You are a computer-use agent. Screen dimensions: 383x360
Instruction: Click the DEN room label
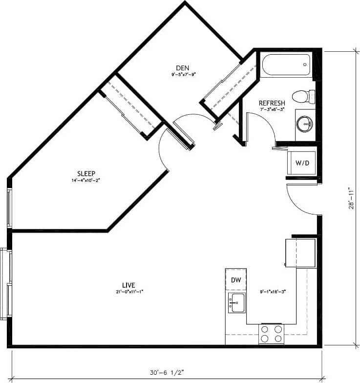183,68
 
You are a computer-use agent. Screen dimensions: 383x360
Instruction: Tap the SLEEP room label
85,173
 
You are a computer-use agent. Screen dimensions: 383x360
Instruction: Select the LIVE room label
128,285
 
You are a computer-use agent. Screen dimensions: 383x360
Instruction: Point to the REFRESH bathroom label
272,103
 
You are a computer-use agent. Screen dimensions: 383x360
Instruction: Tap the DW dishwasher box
235,280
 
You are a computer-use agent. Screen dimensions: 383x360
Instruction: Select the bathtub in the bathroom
286,64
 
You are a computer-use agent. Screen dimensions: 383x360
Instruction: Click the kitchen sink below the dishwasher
236,302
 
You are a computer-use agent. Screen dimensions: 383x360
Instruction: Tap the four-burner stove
271,334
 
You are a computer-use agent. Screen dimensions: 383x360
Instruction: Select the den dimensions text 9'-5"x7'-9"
183,75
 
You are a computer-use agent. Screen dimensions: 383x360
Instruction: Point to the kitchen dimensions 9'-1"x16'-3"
273,292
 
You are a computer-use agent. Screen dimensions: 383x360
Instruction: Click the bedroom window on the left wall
9,208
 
